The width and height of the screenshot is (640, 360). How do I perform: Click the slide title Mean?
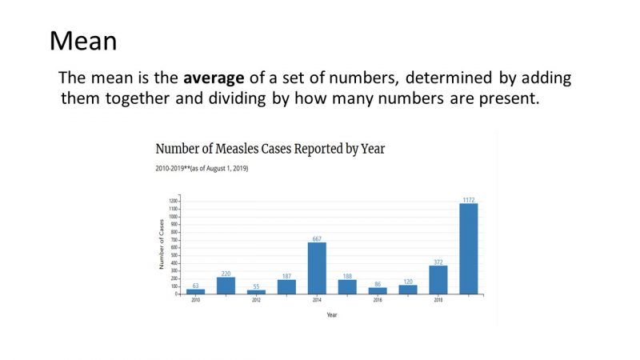[x=83, y=40]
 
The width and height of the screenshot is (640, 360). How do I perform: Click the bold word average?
[x=214, y=78]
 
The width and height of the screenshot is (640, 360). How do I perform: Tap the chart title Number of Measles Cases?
[x=270, y=149]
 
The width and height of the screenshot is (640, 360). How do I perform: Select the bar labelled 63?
[x=196, y=291]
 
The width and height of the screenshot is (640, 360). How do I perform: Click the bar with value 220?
[x=226, y=286]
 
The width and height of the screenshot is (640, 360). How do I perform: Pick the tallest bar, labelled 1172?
[x=468, y=249]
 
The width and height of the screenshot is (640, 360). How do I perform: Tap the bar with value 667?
[x=317, y=268]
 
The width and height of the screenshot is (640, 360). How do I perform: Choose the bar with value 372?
[x=438, y=279]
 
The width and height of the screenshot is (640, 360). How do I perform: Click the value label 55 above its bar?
[x=256, y=286]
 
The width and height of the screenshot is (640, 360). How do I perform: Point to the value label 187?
[x=286, y=275]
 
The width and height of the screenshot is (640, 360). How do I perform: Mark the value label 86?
[x=378, y=283]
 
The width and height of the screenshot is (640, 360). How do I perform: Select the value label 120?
[x=407, y=281]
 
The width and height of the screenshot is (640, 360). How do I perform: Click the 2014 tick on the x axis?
[x=317, y=300]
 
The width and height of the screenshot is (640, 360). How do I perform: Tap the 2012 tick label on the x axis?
[x=256, y=300]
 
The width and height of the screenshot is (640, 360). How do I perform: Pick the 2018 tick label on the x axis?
[x=438, y=300]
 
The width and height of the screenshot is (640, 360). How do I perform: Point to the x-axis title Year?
[x=331, y=314]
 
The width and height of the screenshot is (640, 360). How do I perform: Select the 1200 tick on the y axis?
[x=173, y=201]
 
